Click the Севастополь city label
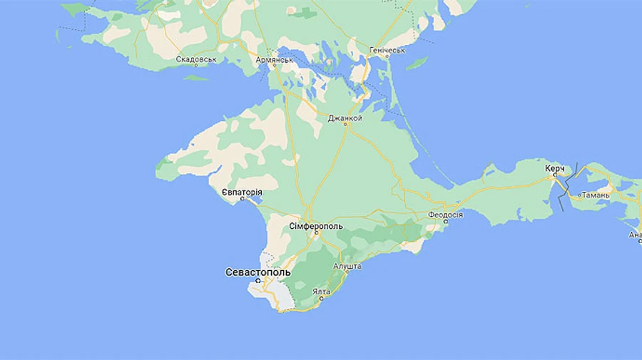coord(258,272)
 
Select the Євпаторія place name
coord(242,192)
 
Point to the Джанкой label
coord(345,118)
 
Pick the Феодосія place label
coord(446,215)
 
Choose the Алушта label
coord(347,266)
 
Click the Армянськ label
coord(275,60)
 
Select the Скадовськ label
coord(195,60)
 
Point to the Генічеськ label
coord(387,51)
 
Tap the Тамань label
coord(595,195)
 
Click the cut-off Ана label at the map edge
coord(635,235)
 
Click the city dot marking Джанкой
coord(346,125)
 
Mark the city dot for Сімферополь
coord(319,233)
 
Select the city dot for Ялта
coord(321,298)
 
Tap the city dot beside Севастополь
coord(258,281)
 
